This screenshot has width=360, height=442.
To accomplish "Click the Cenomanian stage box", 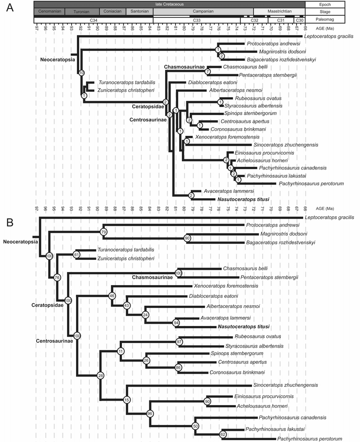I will [49, 12].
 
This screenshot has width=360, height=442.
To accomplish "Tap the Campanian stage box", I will [203, 12].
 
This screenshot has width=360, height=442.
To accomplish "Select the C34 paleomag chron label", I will [94, 20].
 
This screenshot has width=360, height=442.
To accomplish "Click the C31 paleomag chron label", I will [280, 20].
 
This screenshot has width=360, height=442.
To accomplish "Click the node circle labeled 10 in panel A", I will [81, 72].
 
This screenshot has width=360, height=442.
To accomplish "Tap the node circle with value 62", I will [222, 435].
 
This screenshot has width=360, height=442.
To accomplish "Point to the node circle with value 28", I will [100, 375].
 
